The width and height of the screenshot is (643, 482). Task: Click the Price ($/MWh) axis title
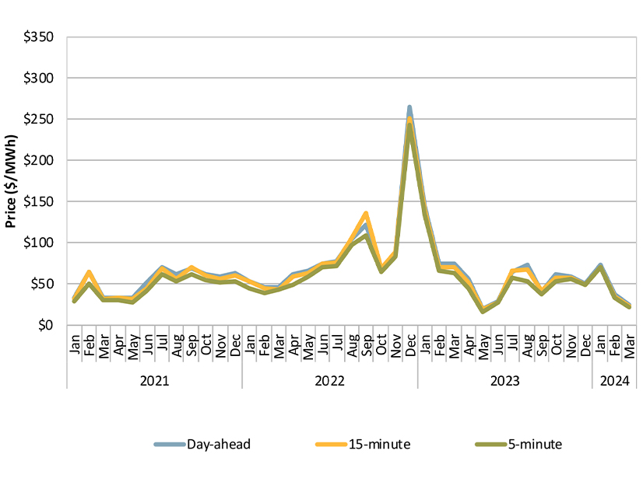point(11,181)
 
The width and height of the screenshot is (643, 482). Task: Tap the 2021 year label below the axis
point(155,381)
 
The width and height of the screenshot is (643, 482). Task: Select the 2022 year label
point(330,381)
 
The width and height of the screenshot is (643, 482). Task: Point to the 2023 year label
point(505,381)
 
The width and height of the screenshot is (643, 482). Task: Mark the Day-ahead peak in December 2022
point(409,107)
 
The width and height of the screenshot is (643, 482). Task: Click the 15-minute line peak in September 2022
point(366,213)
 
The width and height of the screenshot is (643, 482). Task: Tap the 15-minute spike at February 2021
point(89,272)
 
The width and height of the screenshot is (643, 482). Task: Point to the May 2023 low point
point(483,310)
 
